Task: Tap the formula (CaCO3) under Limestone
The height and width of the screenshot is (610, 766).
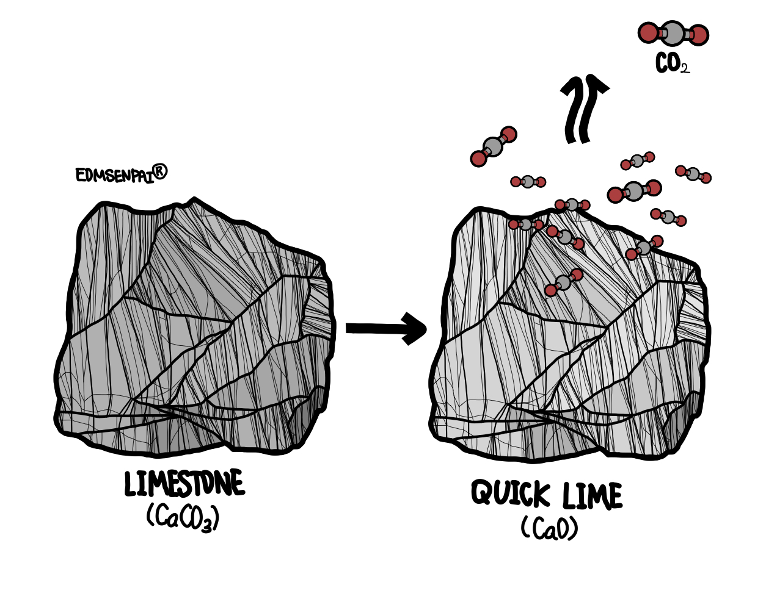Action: click(183, 518)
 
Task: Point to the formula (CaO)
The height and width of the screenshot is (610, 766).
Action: click(549, 528)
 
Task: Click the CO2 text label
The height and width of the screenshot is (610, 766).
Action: click(673, 63)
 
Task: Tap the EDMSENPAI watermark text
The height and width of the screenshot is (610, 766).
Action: click(114, 175)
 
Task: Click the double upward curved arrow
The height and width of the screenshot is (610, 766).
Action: click(584, 110)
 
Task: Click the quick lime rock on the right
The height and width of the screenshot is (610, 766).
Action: click(568, 342)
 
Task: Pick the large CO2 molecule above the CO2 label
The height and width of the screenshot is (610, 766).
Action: click(673, 34)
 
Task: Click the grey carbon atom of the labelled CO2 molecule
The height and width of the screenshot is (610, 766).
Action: click(673, 34)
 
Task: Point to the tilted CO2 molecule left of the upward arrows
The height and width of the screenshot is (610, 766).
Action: click(494, 146)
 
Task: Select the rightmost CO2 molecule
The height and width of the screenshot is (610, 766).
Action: click(693, 174)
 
